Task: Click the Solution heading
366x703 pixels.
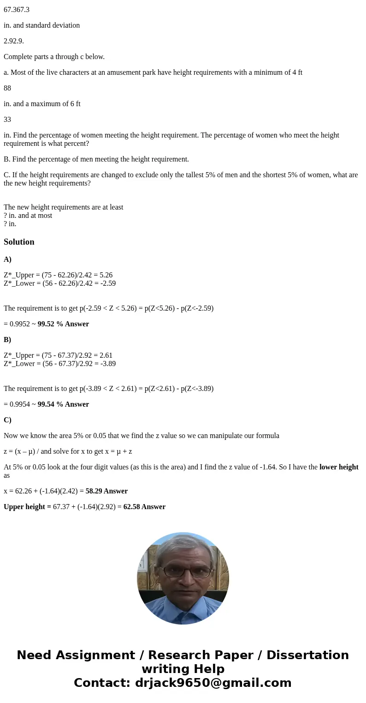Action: (19, 242)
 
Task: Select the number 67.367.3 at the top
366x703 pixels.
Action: (17, 9)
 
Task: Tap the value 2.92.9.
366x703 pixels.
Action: (14, 41)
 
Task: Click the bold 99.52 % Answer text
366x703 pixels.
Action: (63, 324)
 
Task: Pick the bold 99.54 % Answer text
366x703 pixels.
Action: (63, 404)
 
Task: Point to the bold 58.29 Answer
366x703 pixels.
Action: (106, 491)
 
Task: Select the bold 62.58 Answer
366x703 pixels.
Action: (144, 507)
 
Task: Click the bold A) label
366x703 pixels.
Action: (7, 259)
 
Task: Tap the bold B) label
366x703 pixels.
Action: (7, 340)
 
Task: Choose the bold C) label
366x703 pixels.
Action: (7, 420)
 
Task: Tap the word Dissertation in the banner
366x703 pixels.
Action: (307, 655)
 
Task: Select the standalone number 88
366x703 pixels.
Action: (7, 88)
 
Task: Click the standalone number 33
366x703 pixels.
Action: (7, 119)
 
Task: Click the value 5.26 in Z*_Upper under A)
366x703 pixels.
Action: (106, 275)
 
